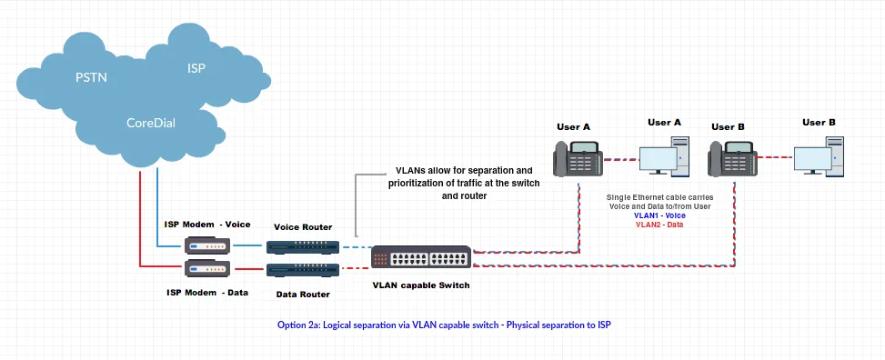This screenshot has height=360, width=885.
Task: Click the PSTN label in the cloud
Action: pos(91,77)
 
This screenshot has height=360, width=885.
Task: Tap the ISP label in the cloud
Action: pos(196,68)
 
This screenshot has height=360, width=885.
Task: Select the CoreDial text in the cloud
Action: pos(152,122)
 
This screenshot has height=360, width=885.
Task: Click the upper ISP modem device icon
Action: pos(206,245)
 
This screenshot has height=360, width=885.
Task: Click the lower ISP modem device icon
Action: pos(206,268)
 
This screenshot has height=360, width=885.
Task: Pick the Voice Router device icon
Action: pos(302,246)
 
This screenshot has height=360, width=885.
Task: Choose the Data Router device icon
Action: pos(302,269)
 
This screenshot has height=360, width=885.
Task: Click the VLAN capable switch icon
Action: pos(420,257)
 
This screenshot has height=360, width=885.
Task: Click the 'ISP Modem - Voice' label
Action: pos(208,224)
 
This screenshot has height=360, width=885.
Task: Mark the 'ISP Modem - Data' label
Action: pos(208,292)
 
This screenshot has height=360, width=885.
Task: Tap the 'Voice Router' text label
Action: pos(303,226)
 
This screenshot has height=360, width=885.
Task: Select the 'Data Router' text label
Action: pos(303,294)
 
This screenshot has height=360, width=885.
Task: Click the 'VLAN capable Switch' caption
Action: pos(421,285)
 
